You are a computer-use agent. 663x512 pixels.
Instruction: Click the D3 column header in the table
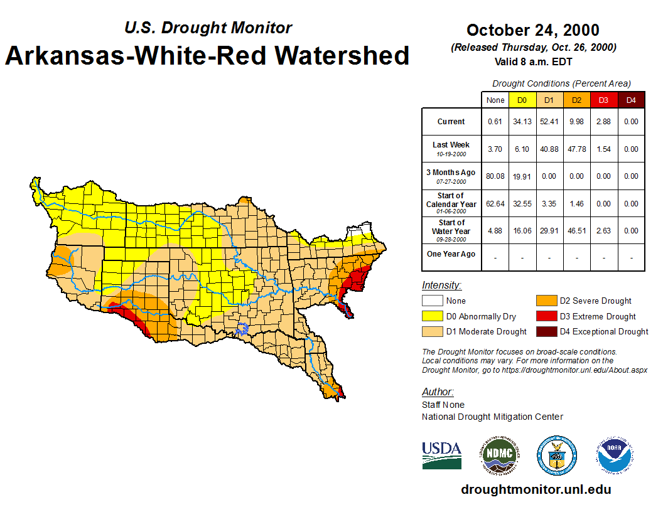tap(603, 100)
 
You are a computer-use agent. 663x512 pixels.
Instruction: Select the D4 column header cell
tap(631, 100)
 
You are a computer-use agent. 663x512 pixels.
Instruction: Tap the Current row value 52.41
tap(549, 122)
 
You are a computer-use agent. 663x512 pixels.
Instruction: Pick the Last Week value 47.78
tap(576, 149)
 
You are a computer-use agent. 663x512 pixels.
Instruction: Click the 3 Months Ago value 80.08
tap(495, 176)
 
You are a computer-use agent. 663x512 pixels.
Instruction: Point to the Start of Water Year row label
tap(451, 230)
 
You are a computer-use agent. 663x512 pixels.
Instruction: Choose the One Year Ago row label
tap(451, 254)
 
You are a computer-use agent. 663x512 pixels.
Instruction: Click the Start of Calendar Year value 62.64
tap(495, 204)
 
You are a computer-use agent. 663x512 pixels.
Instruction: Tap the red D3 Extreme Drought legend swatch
tap(546, 316)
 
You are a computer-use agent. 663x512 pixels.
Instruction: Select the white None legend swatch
tap(432, 301)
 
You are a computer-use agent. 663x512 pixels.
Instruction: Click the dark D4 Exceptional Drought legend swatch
tap(546, 331)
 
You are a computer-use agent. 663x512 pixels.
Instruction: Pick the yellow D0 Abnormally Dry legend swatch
tap(432, 316)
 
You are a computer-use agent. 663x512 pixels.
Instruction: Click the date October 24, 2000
tap(533, 30)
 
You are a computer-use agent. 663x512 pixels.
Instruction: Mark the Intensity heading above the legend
tap(441, 285)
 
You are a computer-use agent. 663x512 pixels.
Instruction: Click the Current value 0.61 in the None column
tap(495, 122)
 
